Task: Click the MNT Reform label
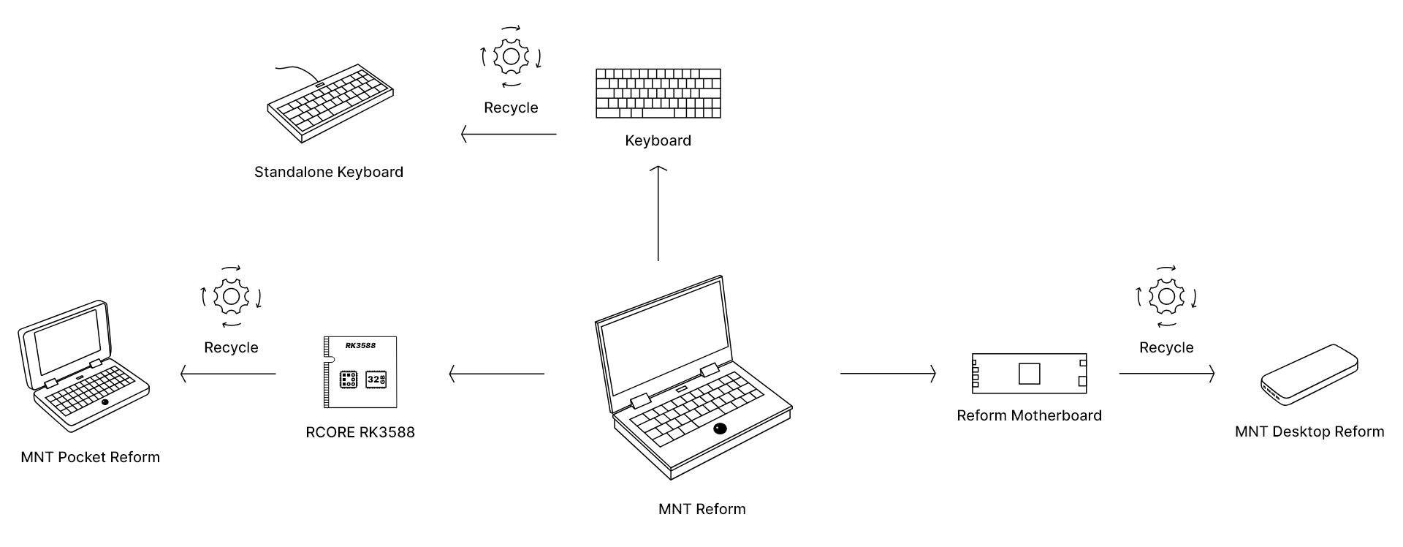[x=701, y=509]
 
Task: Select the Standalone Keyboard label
[x=329, y=172]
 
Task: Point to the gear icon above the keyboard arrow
[x=510, y=56]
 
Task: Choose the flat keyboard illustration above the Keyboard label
[x=658, y=94]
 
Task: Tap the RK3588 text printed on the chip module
[x=361, y=345]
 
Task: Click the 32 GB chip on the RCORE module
[x=376, y=380]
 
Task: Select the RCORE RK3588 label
[x=360, y=432]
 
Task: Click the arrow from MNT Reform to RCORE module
[x=497, y=374]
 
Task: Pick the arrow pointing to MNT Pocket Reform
[x=228, y=374]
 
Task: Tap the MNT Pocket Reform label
[x=90, y=457]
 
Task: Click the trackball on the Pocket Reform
[x=105, y=403]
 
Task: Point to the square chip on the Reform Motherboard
[x=1029, y=373]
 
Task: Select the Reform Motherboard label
[x=1029, y=415]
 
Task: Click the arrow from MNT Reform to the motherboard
[x=888, y=374]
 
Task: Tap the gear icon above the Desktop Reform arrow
[x=1166, y=297]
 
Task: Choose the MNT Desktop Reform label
[x=1309, y=431]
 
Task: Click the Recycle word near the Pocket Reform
[x=231, y=347]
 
